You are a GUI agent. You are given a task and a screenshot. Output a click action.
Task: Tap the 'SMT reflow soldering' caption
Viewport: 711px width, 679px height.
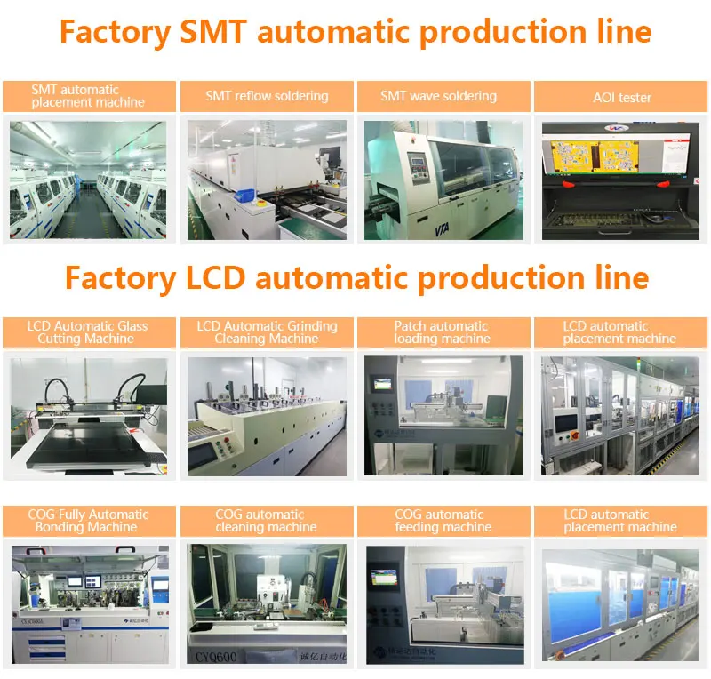point(267,96)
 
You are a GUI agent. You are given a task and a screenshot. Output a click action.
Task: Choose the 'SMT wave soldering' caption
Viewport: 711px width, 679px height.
point(438,96)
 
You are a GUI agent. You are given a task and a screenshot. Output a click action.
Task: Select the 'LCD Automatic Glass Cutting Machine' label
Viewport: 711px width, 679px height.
point(87,332)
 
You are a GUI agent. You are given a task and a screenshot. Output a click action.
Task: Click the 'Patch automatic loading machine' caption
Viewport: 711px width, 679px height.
point(442,332)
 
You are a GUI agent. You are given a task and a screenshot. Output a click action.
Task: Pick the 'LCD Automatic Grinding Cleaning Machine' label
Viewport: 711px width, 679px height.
point(267,332)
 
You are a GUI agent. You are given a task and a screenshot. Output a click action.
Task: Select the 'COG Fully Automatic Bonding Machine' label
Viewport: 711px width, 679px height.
point(87,521)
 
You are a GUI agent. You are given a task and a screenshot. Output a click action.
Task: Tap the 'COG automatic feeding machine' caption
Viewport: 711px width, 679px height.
point(442,521)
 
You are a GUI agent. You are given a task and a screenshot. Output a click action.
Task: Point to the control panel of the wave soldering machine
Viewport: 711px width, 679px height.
point(416,165)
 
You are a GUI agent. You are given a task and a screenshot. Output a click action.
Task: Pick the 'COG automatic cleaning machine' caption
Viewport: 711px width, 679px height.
point(267,521)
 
